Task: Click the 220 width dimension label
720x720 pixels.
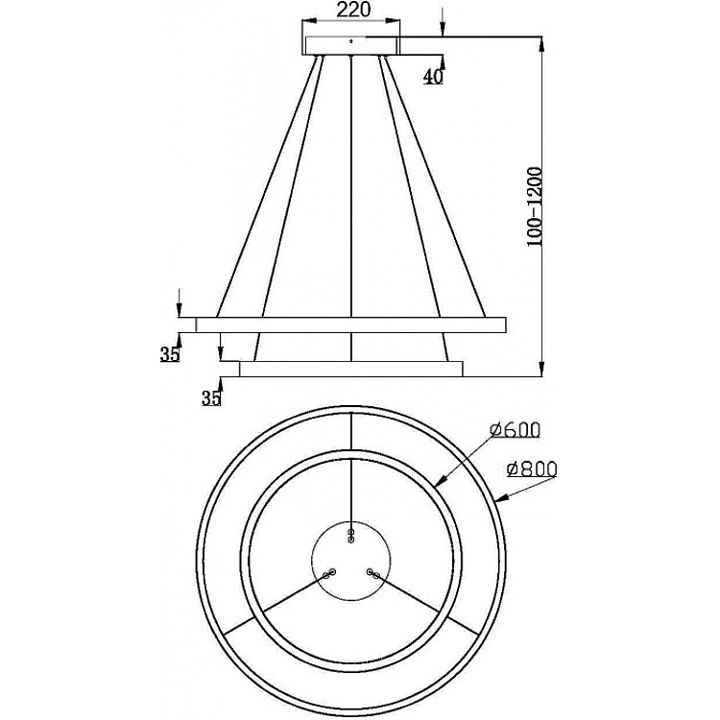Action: coord(353,10)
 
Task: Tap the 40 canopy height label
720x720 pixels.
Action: coord(433,76)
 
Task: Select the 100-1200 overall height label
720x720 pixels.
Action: coord(535,206)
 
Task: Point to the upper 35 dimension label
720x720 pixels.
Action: coord(169,353)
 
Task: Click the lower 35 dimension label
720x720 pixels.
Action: coord(211,398)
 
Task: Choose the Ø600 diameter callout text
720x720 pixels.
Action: coord(515,430)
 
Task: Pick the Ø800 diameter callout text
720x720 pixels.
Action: coord(532,468)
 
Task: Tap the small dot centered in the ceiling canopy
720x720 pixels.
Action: coord(351,42)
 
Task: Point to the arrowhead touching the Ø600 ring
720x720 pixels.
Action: coord(441,480)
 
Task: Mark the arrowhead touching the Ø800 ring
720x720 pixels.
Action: coord(503,497)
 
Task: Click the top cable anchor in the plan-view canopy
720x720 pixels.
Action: coord(351,536)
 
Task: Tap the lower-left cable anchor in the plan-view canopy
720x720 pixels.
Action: coord(329,573)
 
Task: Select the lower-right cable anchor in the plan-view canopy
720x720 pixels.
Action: coord(372,573)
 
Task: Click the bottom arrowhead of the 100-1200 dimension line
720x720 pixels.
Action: coord(541,369)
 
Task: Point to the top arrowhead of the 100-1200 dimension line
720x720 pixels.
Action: coord(541,44)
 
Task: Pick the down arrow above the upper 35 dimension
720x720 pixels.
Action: coord(180,302)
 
